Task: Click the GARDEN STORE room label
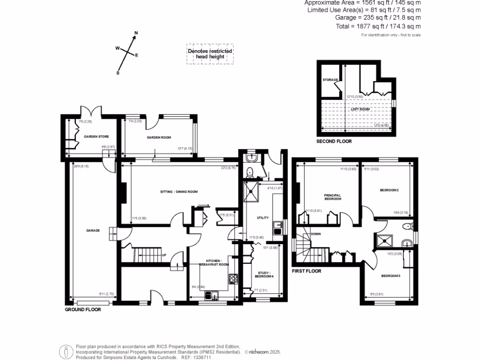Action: (x=96, y=137)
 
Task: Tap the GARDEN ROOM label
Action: (x=158, y=137)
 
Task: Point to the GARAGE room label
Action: (x=92, y=230)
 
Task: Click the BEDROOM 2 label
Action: (x=389, y=190)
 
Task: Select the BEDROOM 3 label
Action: (x=390, y=276)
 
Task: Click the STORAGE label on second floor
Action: (x=330, y=80)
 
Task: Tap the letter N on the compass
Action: (x=136, y=33)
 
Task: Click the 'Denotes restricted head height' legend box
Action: (x=210, y=54)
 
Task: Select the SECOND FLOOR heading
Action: (x=334, y=141)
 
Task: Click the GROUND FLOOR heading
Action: (x=82, y=309)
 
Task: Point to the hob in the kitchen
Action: (x=233, y=279)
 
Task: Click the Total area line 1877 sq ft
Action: (x=378, y=26)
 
